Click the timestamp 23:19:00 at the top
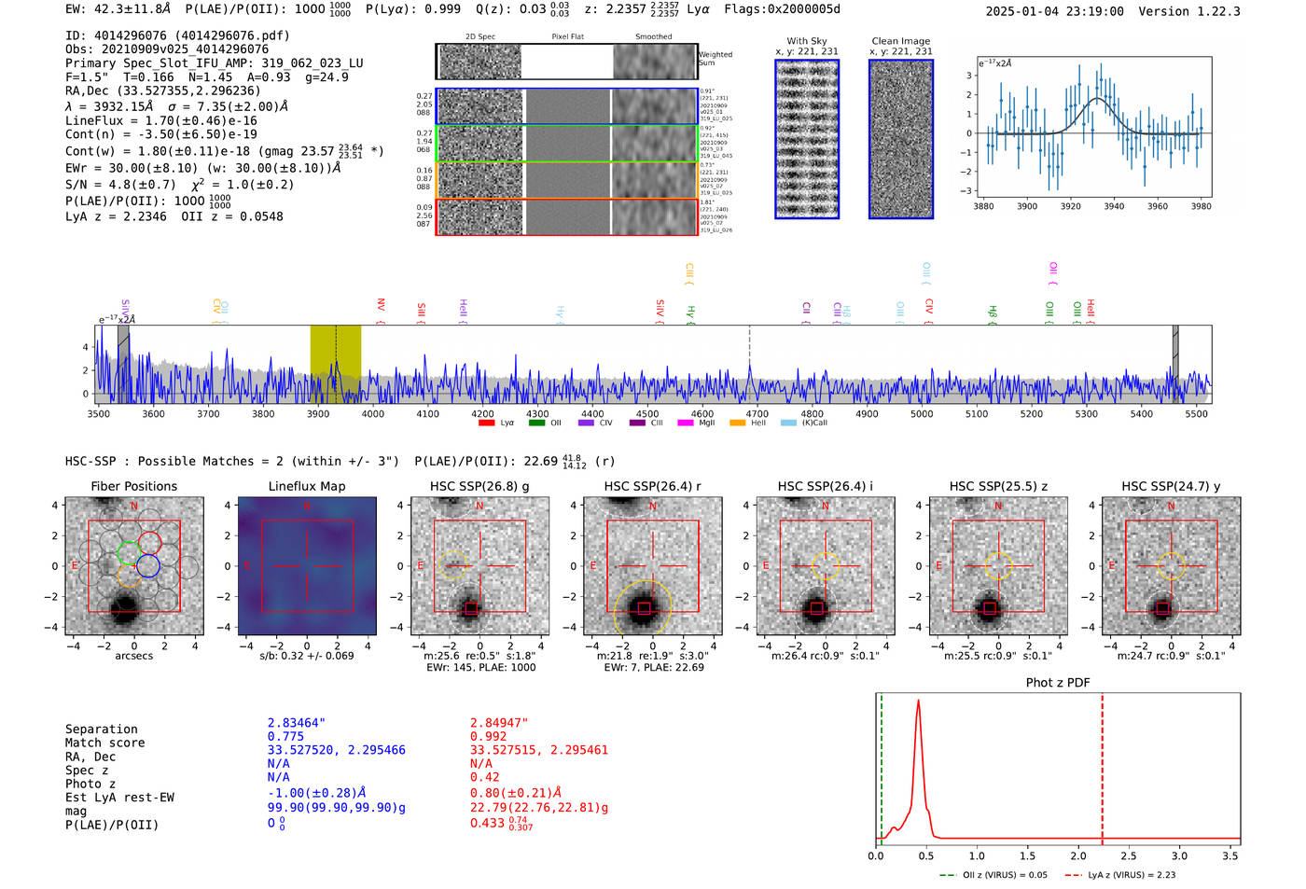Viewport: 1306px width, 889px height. point(1092,11)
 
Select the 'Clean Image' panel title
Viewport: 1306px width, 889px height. point(900,41)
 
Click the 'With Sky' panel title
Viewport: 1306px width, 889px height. point(807,41)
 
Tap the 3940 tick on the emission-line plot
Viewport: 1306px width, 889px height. point(1114,206)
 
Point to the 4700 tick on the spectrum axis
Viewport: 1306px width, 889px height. point(757,414)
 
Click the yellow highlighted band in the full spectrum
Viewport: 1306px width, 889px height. point(335,364)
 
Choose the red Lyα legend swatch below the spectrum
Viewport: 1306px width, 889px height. point(486,424)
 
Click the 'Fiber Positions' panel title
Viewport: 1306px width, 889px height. point(133,486)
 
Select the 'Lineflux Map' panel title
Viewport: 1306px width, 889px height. point(306,486)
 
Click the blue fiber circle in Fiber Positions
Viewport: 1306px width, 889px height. point(148,565)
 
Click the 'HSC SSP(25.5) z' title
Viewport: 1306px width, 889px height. point(998,486)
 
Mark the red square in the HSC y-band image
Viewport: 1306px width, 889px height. point(1162,608)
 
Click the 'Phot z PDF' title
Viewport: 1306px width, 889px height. point(1057,683)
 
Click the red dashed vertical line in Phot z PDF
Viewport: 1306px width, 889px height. point(1102,765)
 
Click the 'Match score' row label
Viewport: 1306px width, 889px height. point(104,743)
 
